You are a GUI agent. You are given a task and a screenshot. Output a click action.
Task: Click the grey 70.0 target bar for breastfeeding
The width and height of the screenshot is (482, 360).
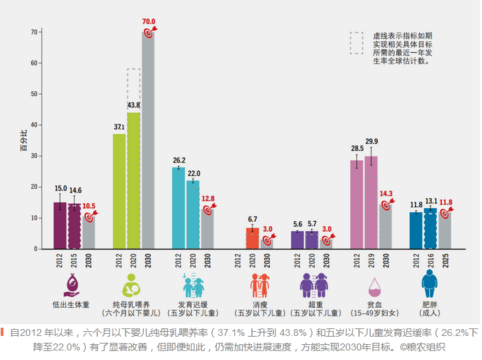click(148, 140)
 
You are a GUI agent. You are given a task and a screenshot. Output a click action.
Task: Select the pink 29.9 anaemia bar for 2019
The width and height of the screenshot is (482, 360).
click(371, 203)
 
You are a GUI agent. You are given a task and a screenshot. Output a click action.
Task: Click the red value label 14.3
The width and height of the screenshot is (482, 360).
click(387, 194)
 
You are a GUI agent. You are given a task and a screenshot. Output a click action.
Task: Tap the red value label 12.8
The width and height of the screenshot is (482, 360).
click(208, 199)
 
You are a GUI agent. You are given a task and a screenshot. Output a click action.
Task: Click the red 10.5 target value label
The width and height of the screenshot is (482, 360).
click(90, 205)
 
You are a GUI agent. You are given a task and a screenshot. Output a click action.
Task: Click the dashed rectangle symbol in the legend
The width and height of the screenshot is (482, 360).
click(356, 43)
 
